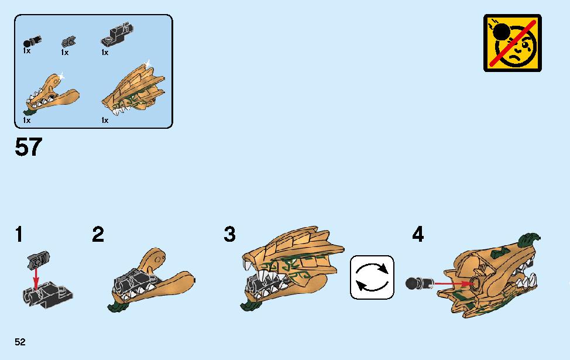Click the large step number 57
28,147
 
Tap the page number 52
20,342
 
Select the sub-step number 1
19,234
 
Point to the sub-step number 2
98,234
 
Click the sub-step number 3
230,234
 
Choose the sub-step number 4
418,234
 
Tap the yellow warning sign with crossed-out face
512,43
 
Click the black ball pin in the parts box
32,41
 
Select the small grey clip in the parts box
68,42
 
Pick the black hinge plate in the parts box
117,35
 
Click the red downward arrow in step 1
36,279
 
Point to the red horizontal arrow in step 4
454,283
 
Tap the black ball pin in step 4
419,283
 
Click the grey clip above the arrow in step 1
38,260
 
